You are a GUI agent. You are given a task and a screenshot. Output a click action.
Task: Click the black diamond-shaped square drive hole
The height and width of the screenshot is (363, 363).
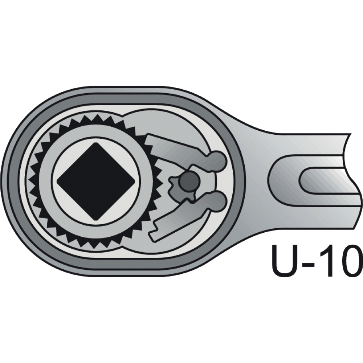[x=96, y=181]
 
